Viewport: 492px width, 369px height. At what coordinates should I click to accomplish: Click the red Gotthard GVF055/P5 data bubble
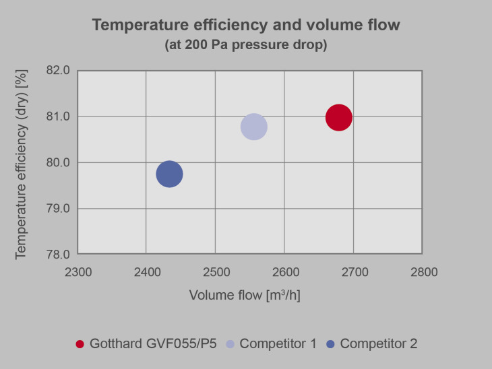tap(338, 118)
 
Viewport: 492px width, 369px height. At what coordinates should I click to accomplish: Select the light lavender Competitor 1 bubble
tap(253, 127)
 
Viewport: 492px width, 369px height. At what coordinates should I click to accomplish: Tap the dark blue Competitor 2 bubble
tap(169, 174)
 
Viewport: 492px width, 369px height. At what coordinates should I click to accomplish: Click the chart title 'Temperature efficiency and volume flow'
tap(246, 26)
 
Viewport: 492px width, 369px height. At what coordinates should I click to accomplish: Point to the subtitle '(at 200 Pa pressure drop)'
tap(246, 45)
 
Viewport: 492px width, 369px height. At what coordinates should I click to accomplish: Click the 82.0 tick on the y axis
tap(57, 71)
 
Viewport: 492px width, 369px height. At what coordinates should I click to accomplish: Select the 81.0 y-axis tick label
tap(57, 116)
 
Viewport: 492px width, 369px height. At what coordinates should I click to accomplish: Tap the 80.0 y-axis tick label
tap(57, 162)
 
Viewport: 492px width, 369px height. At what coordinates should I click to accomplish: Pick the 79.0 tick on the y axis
tap(57, 209)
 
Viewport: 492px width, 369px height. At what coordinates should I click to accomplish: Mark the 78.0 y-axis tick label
tap(57, 255)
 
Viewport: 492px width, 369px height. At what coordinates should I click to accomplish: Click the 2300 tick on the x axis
tap(78, 273)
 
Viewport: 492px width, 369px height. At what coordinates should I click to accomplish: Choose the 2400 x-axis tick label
tap(146, 273)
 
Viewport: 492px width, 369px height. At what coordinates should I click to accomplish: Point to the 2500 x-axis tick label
tap(215, 273)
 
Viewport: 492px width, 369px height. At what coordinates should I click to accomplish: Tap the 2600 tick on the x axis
tap(284, 273)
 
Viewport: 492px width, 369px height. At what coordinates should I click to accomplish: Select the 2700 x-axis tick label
tap(353, 273)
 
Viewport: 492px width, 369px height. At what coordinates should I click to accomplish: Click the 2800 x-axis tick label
tap(423, 273)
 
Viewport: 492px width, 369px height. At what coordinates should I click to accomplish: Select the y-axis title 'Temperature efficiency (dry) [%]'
tap(21, 162)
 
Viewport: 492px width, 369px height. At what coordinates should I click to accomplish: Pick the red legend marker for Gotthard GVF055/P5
tap(80, 344)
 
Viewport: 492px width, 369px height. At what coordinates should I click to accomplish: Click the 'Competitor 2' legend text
tap(378, 344)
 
